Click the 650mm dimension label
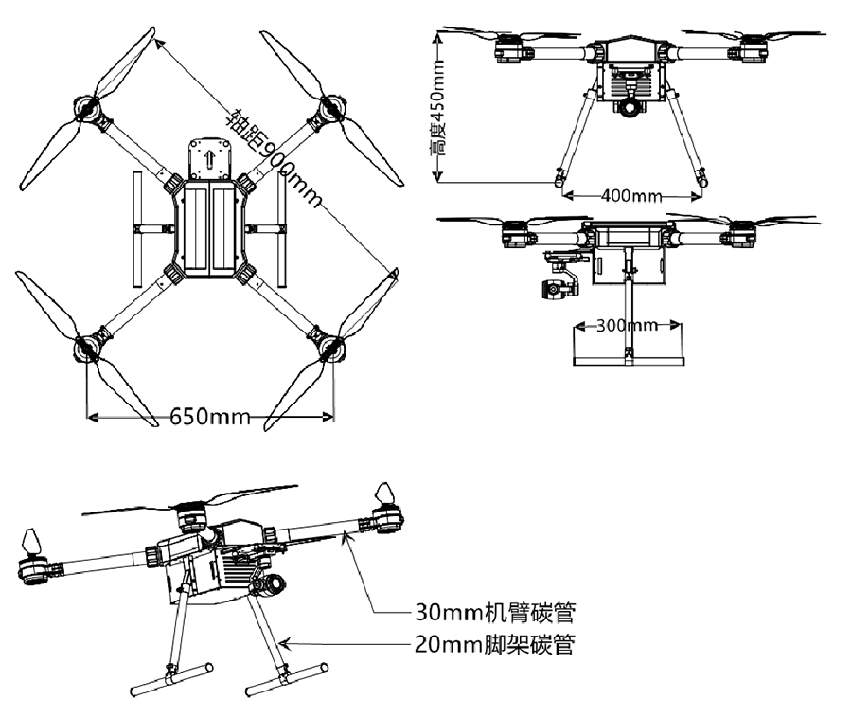coord(210,417)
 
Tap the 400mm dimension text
coord(630,196)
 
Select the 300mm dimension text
coord(626,326)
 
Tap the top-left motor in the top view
coord(90,111)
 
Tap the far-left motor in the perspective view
coord(31,565)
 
